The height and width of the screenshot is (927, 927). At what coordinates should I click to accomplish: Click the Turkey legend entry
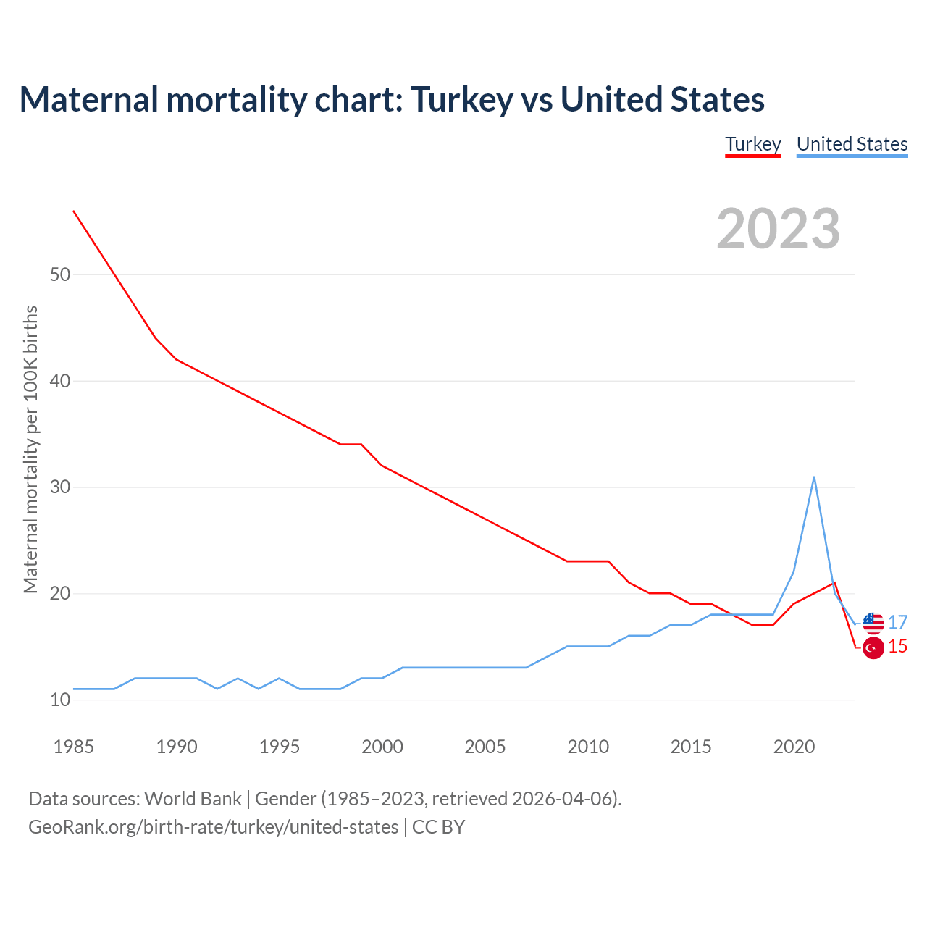coord(753,144)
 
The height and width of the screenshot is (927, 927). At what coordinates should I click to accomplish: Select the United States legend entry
coord(852,144)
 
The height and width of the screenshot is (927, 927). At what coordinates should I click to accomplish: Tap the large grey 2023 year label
coord(778,229)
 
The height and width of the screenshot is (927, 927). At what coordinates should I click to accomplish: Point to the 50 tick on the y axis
coord(60,274)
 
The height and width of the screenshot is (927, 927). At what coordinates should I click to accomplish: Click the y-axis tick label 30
coord(60,487)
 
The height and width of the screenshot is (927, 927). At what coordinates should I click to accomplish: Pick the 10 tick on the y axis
coord(60,700)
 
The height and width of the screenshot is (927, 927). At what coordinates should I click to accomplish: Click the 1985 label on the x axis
coord(73,747)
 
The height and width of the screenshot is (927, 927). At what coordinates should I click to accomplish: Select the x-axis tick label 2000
coord(382,747)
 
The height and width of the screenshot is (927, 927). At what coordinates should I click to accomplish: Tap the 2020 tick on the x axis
coord(794,747)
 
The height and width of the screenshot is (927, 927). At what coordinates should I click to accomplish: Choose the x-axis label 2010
coord(588,747)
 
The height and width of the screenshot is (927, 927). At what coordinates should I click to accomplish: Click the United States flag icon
coord(873,623)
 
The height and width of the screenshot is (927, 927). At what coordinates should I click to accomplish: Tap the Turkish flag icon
coord(873,647)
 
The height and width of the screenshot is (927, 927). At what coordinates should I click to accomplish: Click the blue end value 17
coord(898,622)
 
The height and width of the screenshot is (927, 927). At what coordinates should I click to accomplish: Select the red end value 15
coord(898,646)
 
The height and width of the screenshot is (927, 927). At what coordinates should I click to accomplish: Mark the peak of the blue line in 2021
coord(814,477)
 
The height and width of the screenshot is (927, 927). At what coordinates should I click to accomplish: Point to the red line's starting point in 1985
coord(73,211)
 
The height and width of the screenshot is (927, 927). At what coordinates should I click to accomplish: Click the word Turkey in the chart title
coord(462,99)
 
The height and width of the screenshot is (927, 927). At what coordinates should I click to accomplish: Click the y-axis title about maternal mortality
coord(30,449)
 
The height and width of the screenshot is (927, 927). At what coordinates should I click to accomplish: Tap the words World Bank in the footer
coord(193,798)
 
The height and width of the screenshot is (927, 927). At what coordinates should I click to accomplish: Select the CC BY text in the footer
coord(438,826)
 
